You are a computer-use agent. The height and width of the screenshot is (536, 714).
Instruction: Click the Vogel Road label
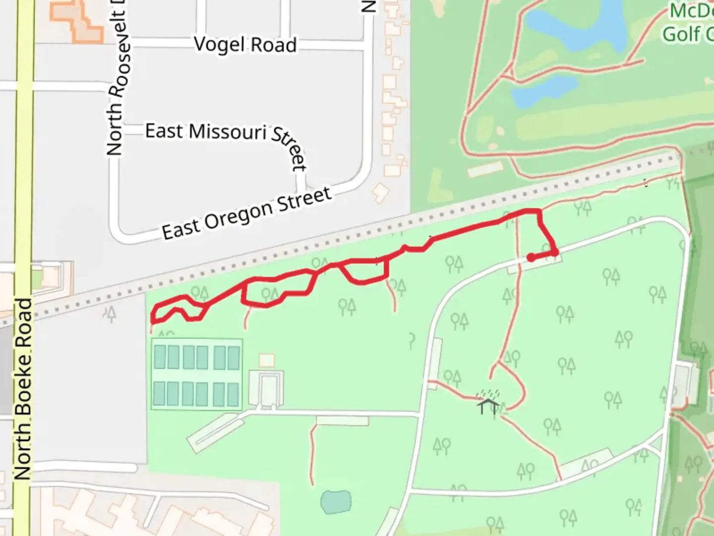[245, 45]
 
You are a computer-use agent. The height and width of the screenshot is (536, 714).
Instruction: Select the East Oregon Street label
[246, 213]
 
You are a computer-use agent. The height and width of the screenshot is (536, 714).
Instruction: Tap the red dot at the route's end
[531, 258]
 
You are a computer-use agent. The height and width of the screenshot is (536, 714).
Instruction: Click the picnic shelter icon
[488, 404]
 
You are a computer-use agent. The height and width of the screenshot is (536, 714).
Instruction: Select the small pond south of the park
[336, 502]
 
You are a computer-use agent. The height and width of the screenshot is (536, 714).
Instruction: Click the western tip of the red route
[153, 321]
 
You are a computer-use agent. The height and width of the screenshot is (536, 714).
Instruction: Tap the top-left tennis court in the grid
[160, 356]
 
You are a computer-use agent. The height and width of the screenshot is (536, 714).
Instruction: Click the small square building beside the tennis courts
[267, 360]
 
